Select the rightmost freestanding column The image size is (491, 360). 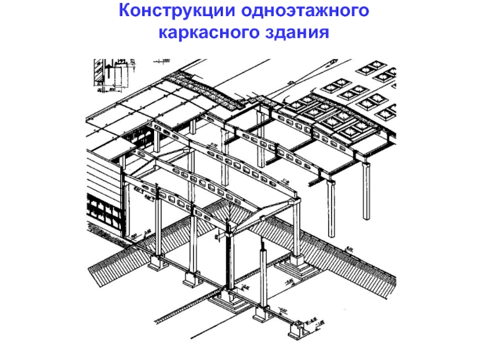point(366,190)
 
